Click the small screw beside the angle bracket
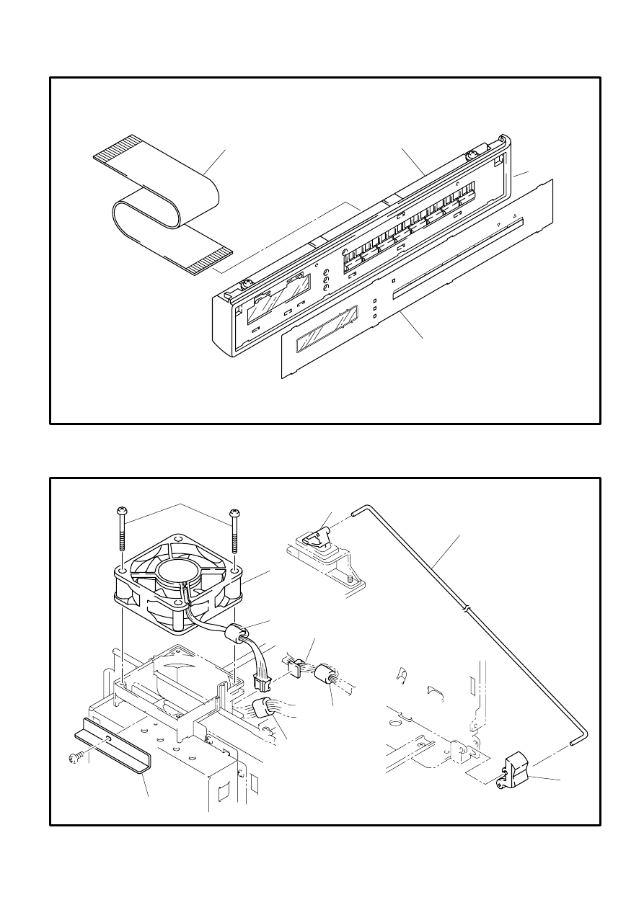click(74, 757)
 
